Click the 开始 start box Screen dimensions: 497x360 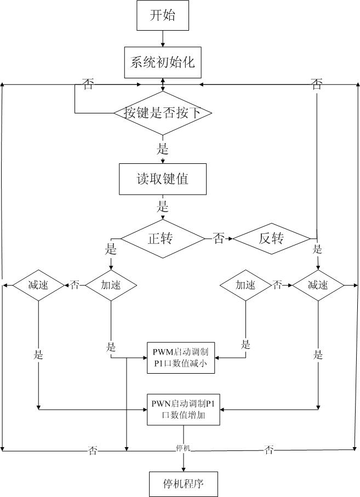(x=163, y=16)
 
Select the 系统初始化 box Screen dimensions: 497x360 (x=163, y=62)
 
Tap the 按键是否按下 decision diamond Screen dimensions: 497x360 (x=163, y=113)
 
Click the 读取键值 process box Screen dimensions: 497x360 (x=163, y=179)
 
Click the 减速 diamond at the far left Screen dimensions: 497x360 (x=38, y=285)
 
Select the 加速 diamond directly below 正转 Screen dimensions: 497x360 (x=111, y=285)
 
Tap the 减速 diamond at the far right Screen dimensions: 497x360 (x=318, y=285)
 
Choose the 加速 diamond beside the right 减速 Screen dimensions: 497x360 (x=245, y=285)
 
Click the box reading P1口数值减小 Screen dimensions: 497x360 (x=180, y=357)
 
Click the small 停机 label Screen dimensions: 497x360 (x=182, y=448)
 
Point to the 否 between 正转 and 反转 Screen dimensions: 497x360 (x=218, y=238)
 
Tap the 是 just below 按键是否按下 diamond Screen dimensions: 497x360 (x=163, y=149)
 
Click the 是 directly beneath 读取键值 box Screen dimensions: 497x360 (x=163, y=207)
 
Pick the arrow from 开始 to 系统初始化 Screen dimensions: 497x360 (x=163, y=38)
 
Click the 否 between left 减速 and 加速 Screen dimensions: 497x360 (x=75, y=285)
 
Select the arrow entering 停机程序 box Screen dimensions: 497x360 (x=184, y=464)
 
